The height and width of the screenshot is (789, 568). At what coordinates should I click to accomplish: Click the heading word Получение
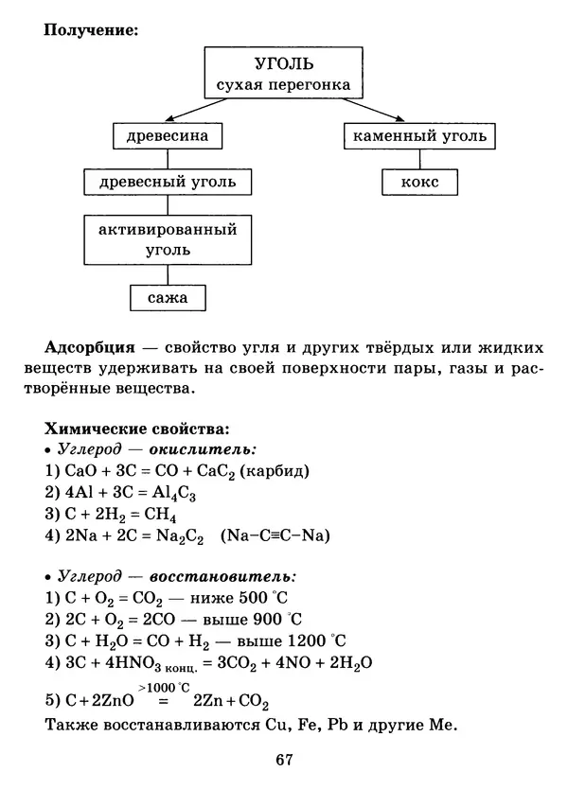point(91,29)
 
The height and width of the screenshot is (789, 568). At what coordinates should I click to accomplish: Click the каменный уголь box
point(420,137)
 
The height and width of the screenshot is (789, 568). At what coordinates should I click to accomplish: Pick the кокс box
point(420,182)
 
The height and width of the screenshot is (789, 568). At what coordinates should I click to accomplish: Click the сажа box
point(168,299)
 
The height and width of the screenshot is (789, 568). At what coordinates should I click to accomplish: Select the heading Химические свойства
point(135,429)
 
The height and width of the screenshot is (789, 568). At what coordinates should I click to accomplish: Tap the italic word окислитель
point(210,449)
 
